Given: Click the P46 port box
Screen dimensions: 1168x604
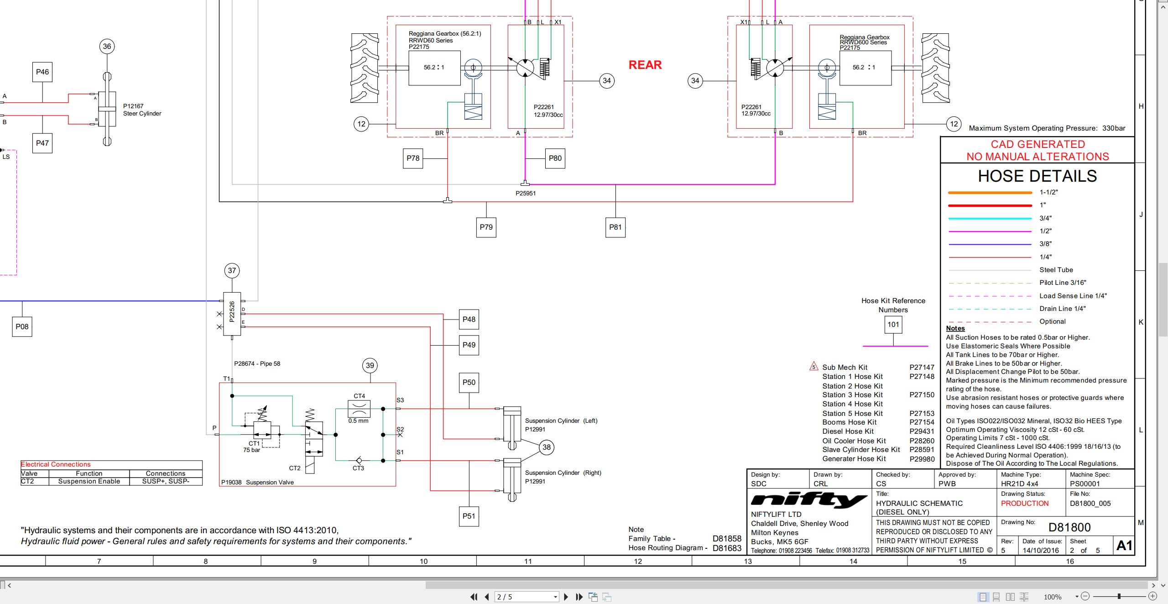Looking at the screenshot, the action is [x=42, y=72].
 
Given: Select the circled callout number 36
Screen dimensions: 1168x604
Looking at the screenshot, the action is [x=107, y=46].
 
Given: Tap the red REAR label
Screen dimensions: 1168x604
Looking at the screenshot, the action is [x=645, y=65].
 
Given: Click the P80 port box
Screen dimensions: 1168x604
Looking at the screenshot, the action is [x=555, y=158].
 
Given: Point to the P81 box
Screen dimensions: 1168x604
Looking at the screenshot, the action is [x=615, y=227].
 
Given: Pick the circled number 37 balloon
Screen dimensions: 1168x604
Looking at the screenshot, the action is [x=232, y=270].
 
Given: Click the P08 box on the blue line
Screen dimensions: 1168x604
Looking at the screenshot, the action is [x=22, y=326].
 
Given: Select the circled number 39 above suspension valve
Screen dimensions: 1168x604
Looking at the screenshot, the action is [x=370, y=365].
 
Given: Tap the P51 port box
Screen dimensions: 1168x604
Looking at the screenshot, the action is [x=469, y=516].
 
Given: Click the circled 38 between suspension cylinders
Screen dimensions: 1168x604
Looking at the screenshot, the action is [x=547, y=447].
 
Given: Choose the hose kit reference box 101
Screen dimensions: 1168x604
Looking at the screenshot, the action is [x=893, y=325].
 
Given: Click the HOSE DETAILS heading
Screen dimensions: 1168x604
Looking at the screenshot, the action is [x=1037, y=176].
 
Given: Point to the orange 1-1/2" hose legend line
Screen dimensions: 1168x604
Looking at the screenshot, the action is [x=990, y=193].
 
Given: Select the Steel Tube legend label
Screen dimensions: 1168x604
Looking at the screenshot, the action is [x=1056, y=270].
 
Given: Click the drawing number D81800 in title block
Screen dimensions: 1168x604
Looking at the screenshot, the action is [x=1069, y=527].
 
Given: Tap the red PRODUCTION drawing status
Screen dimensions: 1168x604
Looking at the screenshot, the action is [x=1025, y=503].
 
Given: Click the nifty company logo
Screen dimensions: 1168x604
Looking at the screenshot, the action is [x=809, y=500].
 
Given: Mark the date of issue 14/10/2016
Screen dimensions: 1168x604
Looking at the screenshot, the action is [x=1041, y=550].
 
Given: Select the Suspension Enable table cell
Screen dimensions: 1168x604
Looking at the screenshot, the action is [x=89, y=481].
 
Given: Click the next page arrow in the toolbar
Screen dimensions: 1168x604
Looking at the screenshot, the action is [x=566, y=597].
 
